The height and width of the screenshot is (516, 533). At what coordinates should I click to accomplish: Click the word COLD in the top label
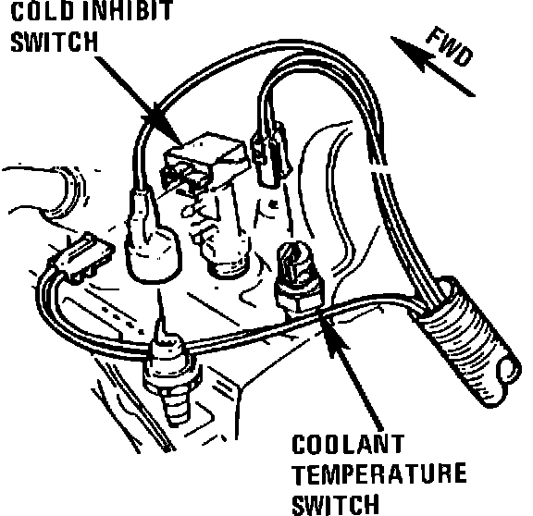click(x=43, y=10)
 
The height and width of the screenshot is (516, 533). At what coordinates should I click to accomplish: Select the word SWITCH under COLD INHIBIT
click(x=54, y=42)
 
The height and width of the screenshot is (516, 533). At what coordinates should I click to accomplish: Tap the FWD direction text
click(x=450, y=46)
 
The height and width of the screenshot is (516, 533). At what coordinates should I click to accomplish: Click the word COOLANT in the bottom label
click(x=348, y=444)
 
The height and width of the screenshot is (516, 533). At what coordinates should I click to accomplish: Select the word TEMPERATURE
click(x=379, y=473)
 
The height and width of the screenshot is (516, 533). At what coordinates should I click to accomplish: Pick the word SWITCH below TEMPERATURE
click(x=335, y=505)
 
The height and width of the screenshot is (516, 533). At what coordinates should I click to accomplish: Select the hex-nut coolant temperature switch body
click(x=298, y=278)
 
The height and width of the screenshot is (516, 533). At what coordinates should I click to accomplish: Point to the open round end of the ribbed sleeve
click(x=508, y=371)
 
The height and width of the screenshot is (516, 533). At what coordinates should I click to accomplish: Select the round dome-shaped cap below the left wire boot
click(x=153, y=255)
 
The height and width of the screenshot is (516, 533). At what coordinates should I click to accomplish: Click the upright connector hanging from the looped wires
click(x=271, y=154)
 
